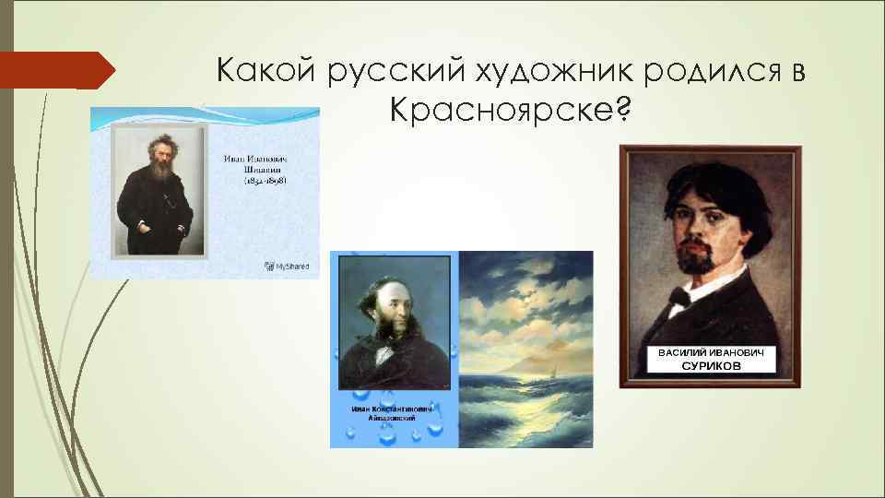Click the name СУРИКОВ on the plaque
click(x=710, y=366)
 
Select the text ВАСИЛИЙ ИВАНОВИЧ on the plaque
click(x=710, y=352)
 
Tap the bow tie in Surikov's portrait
click(x=679, y=295)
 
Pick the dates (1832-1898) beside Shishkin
click(x=259, y=182)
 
